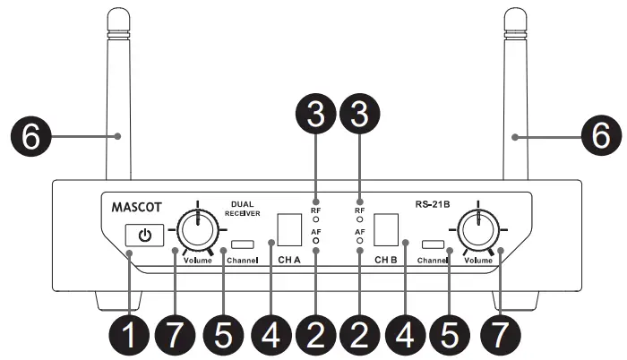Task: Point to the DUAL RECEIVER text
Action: pos(244,208)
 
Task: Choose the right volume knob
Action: pos(478,232)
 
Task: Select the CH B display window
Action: pos(386,231)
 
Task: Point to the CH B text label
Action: pos(386,261)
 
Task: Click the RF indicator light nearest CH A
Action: pos(315,218)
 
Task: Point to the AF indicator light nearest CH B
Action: pos(360,241)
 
